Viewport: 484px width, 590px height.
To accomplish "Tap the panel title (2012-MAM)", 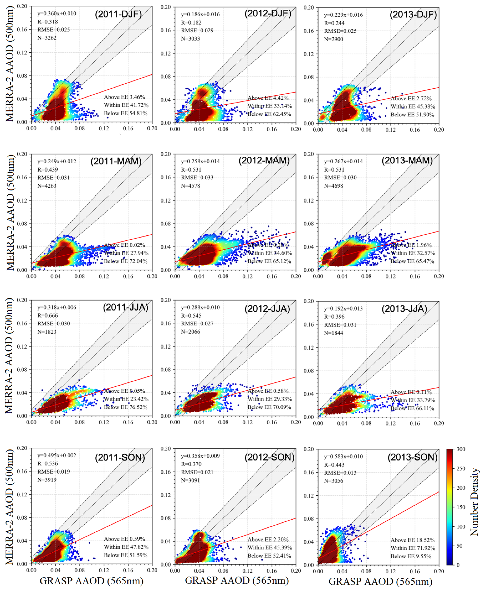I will pyautogui.click(x=264, y=161).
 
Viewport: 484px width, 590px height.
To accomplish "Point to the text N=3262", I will pyautogui.click(x=47, y=38).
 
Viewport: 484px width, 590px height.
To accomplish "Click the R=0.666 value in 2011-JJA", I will pyautogui.click(x=48, y=315).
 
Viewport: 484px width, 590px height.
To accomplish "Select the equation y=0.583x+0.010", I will pyautogui.click(x=343, y=456).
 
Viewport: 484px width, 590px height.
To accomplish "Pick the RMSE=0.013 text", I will pyautogui.click(x=340, y=473).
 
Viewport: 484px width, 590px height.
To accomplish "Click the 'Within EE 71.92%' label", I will pyautogui.click(x=413, y=548).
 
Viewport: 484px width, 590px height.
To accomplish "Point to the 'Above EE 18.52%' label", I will pyautogui.click(x=412, y=540).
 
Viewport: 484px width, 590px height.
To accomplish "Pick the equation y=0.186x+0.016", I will pyautogui.click(x=200, y=14).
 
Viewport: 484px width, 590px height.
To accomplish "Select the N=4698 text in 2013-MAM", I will pyautogui.click(x=333, y=186).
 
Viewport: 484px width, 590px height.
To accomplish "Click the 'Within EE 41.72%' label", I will pyautogui.click(x=126, y=105).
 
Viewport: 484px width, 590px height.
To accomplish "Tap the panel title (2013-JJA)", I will pyautogui.click(x=404, y=309).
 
